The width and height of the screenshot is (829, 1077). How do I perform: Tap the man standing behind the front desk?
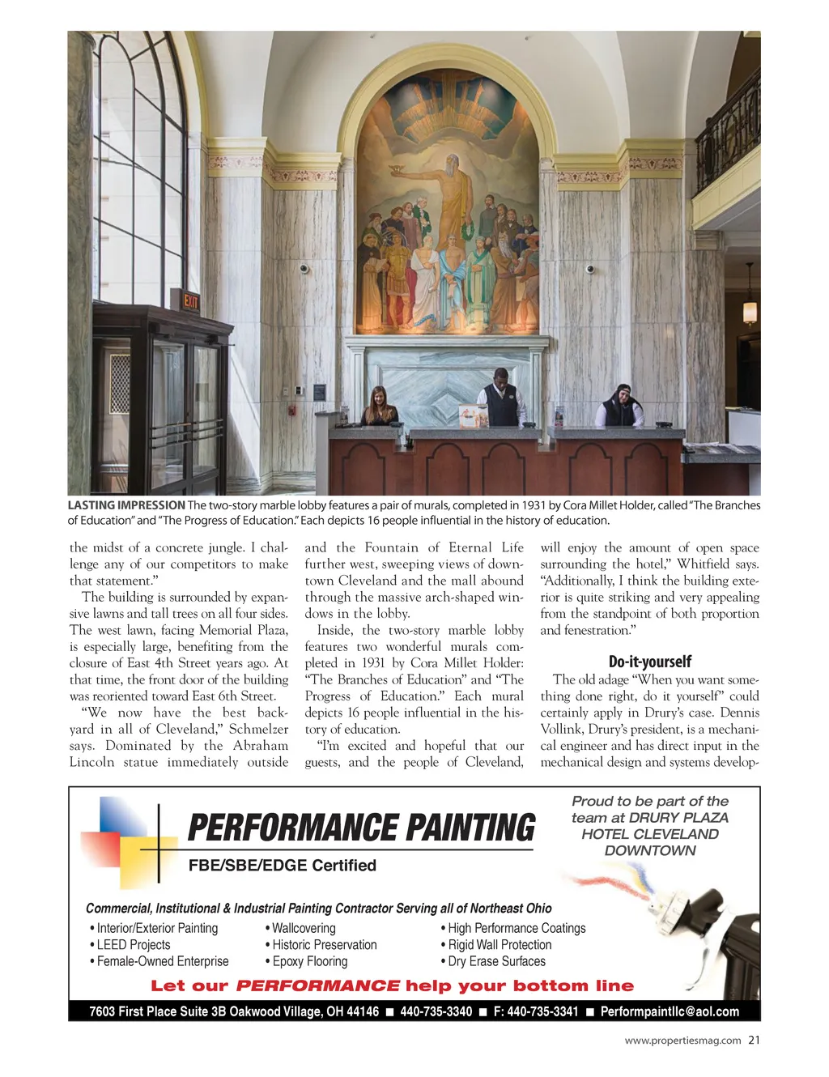(x=499, y=397)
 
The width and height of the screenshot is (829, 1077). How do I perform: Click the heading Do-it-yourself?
(x=650, y=662)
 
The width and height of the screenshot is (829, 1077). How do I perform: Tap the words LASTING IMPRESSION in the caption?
(x=126, y=505)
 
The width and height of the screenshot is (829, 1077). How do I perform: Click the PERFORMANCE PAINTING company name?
(x=361, y=828)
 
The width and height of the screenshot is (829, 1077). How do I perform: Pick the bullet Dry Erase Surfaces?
(x=496, y=961)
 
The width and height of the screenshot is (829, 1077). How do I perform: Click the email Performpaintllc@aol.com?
(x=670, y=1011)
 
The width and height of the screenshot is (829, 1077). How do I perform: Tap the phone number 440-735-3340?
(x=436, y=1011)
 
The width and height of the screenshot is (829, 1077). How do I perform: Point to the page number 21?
(x=754, y=1041)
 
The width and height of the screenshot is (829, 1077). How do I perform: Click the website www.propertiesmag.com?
(x=682, y=1041)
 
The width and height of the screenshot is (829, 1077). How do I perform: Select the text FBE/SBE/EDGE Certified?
(x=282, y=866)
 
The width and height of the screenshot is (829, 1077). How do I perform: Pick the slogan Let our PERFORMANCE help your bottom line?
(x=392, y=986)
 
